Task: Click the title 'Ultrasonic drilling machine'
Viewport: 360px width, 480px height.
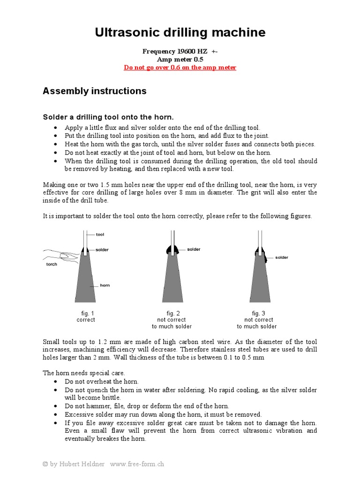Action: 180,32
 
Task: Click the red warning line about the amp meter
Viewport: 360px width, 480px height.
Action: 180,67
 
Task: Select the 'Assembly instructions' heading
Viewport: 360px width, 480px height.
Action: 94,91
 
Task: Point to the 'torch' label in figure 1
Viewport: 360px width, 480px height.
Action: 52,264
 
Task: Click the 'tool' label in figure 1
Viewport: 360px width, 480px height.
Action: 100,234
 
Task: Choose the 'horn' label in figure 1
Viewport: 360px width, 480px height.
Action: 105,285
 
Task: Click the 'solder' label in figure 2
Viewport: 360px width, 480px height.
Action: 194,249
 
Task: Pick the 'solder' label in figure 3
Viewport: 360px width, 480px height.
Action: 282,257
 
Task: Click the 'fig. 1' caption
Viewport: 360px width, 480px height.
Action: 85,313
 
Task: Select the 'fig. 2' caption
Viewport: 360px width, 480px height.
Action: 172,313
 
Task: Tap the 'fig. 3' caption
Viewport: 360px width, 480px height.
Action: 257,313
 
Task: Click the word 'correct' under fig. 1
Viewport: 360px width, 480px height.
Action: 85,320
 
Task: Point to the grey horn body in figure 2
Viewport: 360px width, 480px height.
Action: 172,281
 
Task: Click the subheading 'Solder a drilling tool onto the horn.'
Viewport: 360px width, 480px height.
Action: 108,117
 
